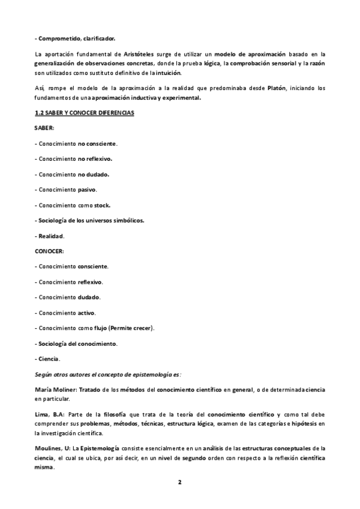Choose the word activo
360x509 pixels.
[x=87, y=312]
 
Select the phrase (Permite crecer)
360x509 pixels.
[x=135, y=328]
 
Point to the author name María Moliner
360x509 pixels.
[x=56, y=390]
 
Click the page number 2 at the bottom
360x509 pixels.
[x=179, y=482]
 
